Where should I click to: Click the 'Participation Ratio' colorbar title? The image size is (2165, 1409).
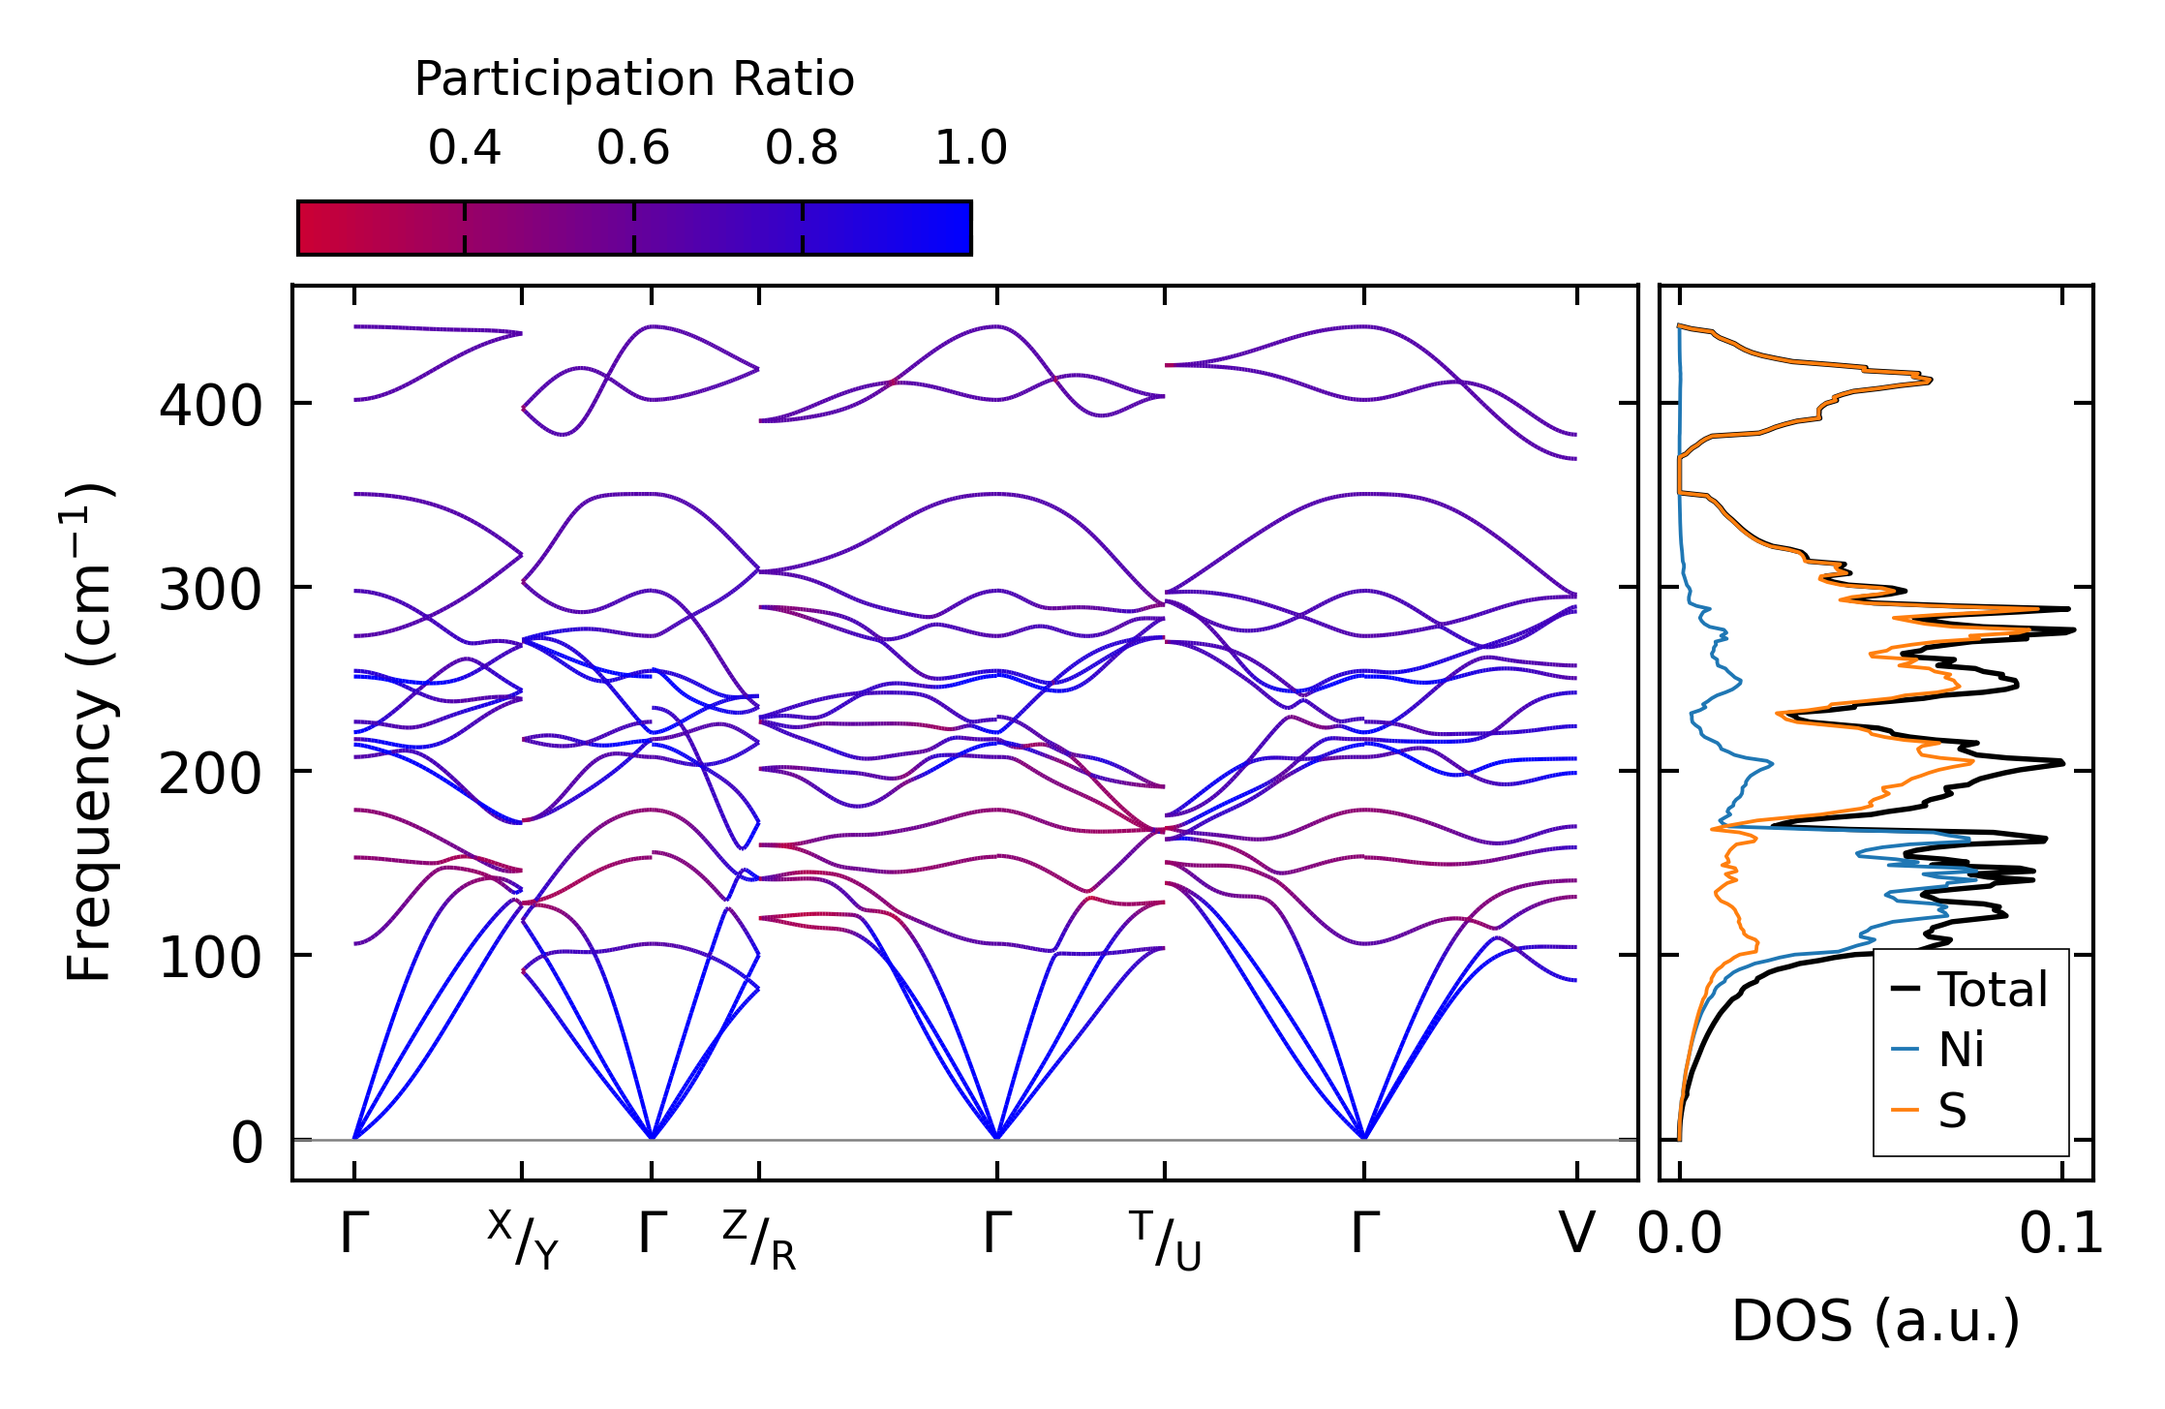pyautogui.click(x=634, y=79)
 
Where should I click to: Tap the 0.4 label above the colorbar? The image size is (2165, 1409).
pyautogui.click(x=465, y=148)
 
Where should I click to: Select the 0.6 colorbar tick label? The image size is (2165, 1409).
pyautogui.click(x=633, y=148)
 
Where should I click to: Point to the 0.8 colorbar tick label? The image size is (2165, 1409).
pyautogui.click(x=802, y=148)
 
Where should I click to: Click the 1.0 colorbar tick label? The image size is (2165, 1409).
pyautogui.click(x=971, y=148)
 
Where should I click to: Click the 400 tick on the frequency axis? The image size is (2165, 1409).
pyautogui.click(x=210, y=406)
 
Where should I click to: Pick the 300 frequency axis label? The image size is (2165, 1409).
pyautogui.click(x=210, y=590)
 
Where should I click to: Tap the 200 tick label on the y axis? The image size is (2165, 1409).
pyautogui.click(x=210, y=775)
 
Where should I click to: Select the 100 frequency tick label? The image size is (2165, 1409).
pyautogui.click(x=210, y=959)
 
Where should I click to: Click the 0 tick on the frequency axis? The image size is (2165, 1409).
pyautogui.click(x=247, y=1143)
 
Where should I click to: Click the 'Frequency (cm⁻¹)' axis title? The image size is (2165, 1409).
pyautogui.click(x=89, y=733)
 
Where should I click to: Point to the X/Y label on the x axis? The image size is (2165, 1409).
pyautogui.click(x=523, y=1240)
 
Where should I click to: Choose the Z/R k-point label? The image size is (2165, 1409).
pyautogui.click(x=759, y=1240)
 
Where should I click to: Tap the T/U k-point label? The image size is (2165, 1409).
pyautogui.click(x=1165, y=1240)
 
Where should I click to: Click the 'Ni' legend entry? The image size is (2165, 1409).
pyautogui.click(x=1961, y=1050)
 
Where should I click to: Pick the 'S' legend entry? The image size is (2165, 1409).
pyautogui.click(x=1952, y=1110)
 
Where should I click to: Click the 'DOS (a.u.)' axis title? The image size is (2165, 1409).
pyautogui.click(x=1875, y=1321)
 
